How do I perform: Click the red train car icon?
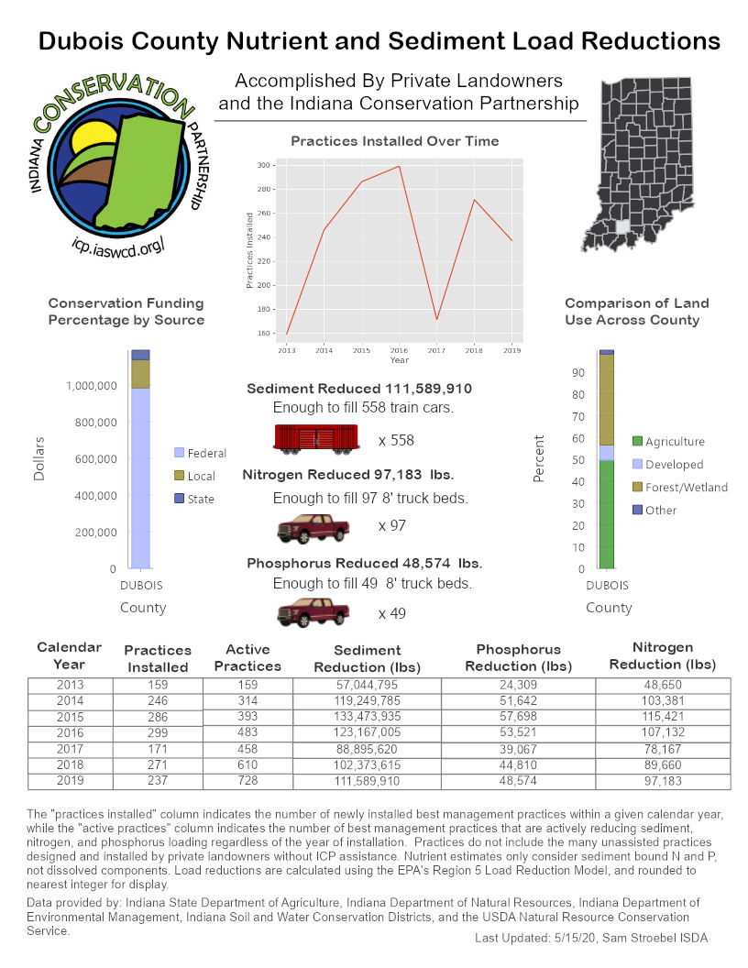pos(314,439)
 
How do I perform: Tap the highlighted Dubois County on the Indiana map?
pos(623,226)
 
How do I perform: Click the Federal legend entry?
pos(201,453)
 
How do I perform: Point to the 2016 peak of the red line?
pos(400,166)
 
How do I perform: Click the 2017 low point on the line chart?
pos(437,319)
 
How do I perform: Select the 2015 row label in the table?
pos(70,716)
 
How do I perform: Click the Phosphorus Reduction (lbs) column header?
pos(518,657)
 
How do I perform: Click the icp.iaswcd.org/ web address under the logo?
pos(121,245)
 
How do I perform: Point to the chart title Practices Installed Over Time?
pos(395,141)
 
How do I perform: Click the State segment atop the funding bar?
pos(140,354)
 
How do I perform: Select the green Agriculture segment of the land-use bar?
pos(606,513)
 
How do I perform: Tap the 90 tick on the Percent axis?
pos(578,372)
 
